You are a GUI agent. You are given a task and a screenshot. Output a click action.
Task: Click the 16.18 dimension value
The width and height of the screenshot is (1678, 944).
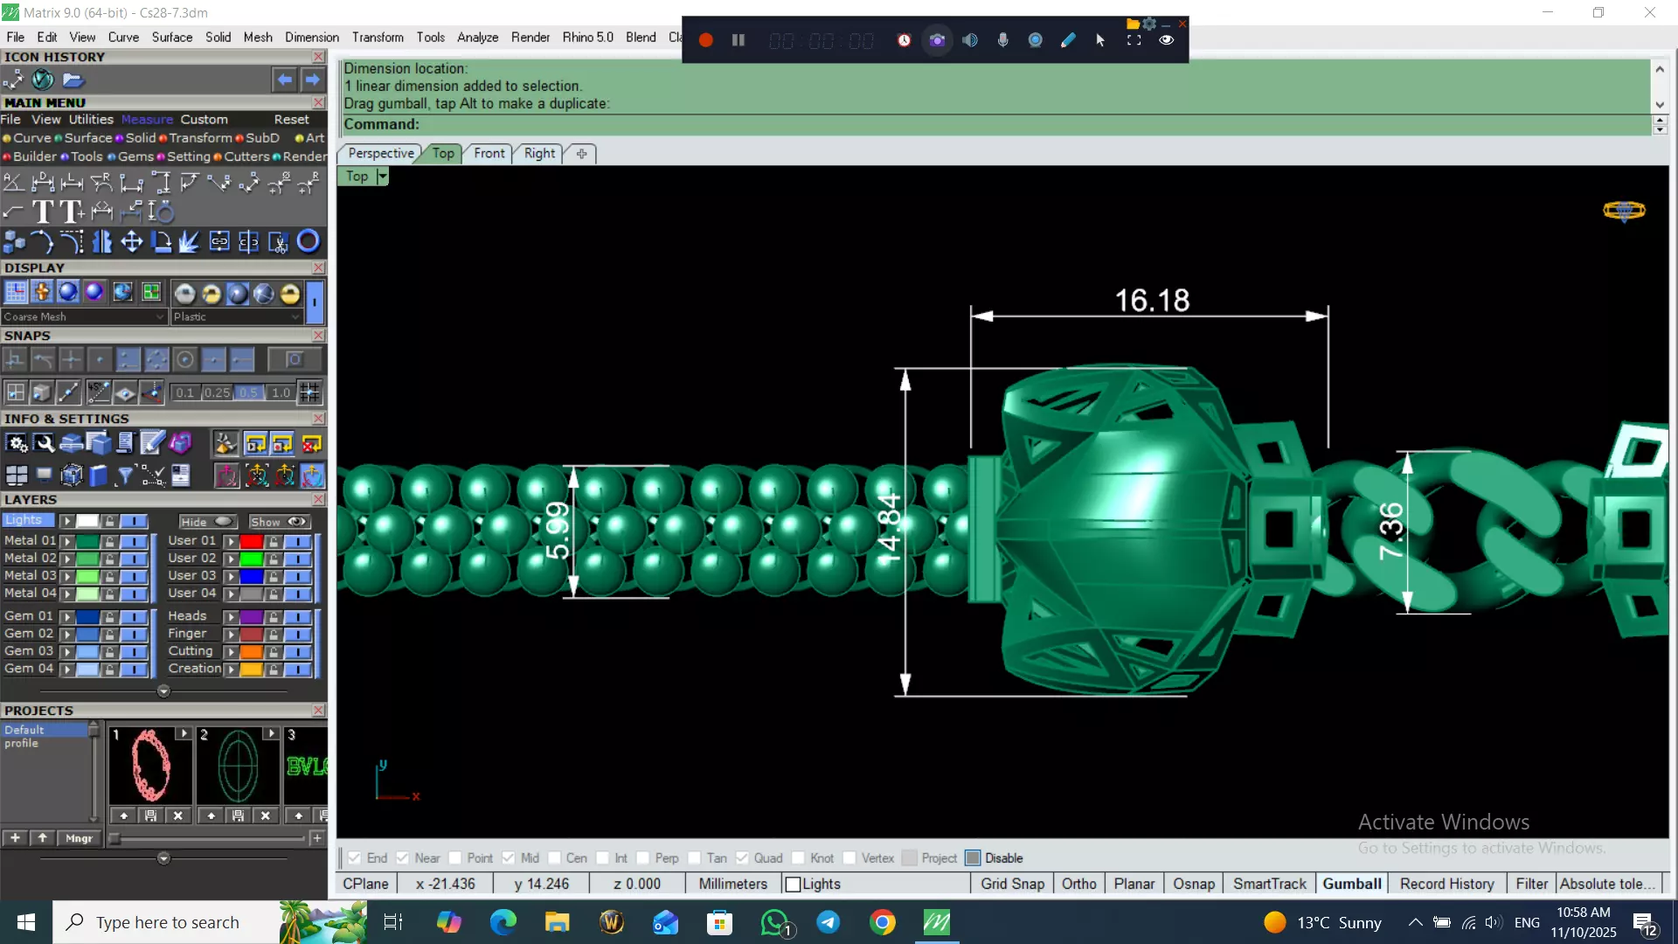pos(1152,301)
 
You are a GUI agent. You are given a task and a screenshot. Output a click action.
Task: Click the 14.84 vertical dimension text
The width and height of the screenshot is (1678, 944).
pos(889,528)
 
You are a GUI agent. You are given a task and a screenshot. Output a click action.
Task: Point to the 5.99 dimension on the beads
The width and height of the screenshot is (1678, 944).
pos(558,531)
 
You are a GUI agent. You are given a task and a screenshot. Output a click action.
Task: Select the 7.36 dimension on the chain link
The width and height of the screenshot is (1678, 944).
pos(1390,531)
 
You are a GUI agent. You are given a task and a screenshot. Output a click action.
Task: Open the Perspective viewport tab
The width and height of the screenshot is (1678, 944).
pos(381,153)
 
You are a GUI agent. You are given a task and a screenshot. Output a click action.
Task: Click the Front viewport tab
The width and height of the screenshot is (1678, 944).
pos(489,153)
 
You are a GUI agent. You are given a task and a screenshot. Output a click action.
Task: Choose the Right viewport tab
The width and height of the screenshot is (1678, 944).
pos(539,153)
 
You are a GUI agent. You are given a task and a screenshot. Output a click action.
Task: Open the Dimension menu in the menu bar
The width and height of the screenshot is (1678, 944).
pos(311,37)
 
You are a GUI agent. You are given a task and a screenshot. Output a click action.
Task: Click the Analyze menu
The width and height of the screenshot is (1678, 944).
pos(477,37)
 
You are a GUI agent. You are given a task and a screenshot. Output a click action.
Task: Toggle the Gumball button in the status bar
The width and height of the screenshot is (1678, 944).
pos(1351,884)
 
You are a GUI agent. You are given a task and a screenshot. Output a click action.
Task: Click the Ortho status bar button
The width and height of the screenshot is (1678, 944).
pos(1078,884)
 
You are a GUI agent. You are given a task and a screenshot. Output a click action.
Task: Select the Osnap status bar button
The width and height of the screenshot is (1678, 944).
pos(1193,884)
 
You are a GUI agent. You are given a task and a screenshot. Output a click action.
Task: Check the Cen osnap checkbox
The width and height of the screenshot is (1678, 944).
pos(555,858)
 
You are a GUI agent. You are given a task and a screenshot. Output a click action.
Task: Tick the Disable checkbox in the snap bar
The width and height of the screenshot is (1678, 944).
pos(973,858)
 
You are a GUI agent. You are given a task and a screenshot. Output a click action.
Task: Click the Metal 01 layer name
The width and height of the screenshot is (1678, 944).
pos(29,540)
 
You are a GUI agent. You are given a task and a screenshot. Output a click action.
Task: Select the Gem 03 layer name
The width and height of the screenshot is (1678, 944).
pos(29,650)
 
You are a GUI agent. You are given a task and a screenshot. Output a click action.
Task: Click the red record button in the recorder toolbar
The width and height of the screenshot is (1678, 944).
pos(706,40)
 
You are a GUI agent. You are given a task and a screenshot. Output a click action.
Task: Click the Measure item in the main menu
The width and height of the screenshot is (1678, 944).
pos(147,120)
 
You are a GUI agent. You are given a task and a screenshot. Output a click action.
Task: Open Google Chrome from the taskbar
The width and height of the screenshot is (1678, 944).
pos(883,922)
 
